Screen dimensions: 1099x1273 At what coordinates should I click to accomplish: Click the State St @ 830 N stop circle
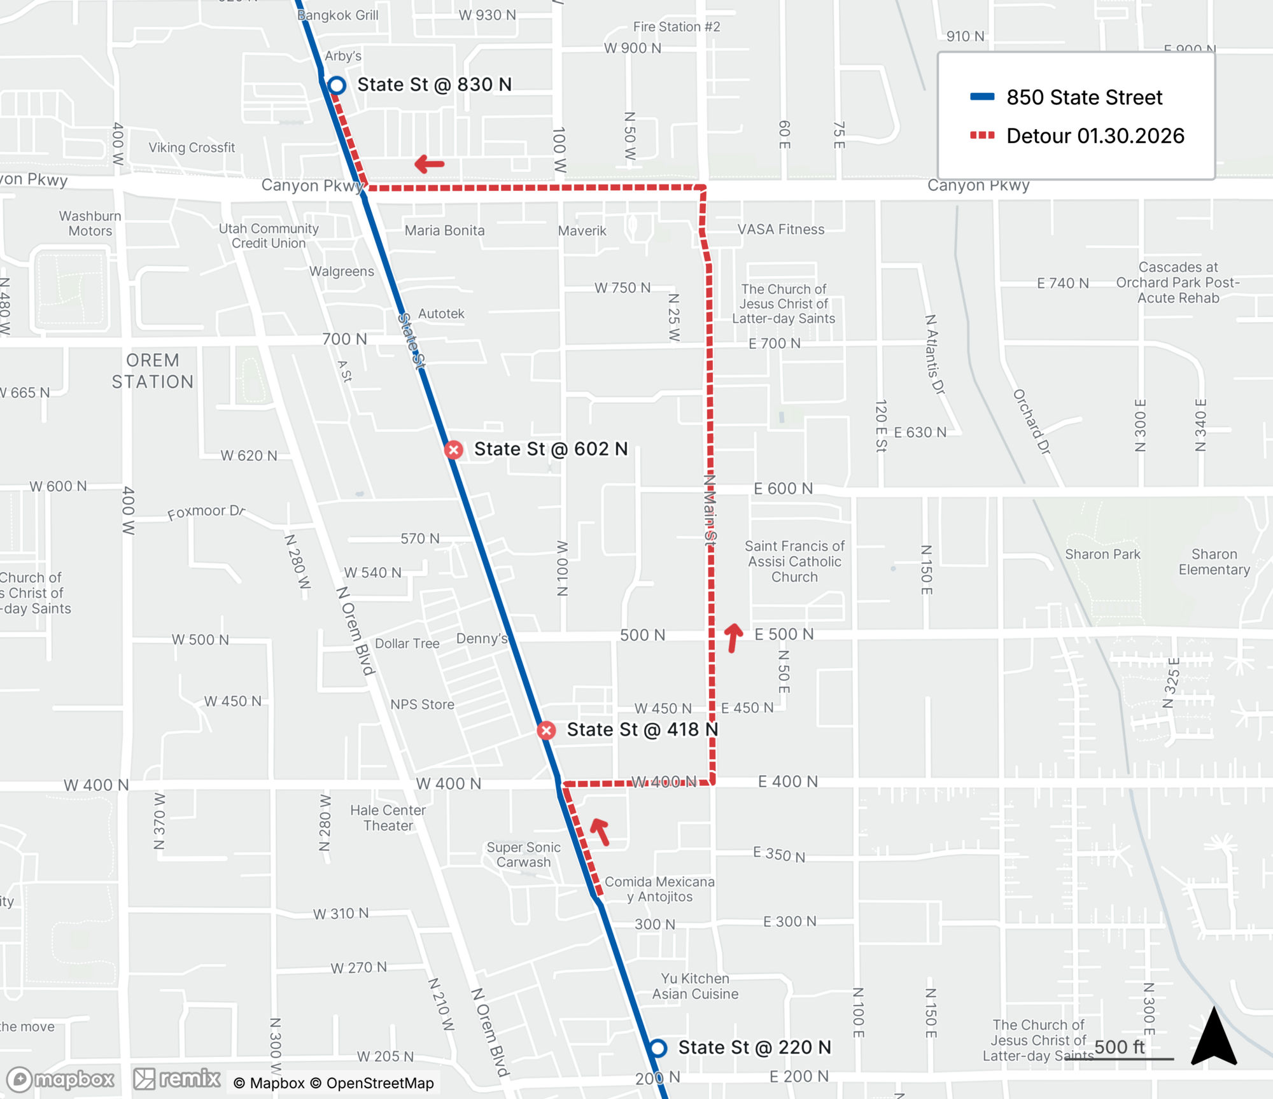(337, 85)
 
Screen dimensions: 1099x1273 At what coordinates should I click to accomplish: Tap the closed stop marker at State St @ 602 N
(454, 450)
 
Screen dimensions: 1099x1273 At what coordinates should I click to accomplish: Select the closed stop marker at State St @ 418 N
(546, 731)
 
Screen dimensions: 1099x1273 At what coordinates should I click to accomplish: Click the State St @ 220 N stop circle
(658, 1047)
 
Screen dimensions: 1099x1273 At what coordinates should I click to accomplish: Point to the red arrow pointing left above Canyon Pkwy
(430, 164)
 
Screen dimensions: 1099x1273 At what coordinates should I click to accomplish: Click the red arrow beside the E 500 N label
(733, 638)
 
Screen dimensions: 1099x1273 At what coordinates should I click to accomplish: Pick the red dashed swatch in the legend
(982, 136)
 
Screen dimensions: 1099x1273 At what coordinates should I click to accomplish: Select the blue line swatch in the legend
(982, 97)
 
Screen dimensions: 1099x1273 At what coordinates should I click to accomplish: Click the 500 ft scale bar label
(1119, 1047)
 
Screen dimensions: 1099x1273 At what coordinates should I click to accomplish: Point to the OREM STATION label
(153, 371)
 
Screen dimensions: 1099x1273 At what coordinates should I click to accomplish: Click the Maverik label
(582, 231)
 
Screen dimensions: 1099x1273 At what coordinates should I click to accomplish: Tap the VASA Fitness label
(781, 230)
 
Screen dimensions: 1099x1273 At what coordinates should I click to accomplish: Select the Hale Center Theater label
(388, 818)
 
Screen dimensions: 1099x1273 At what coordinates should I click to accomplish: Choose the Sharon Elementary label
(1214, 562)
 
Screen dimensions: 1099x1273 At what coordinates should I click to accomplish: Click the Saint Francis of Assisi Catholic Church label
(794, 561)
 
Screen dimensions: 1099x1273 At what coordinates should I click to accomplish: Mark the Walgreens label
(342, 272)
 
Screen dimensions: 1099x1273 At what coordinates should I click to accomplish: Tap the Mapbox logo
(61, 1079)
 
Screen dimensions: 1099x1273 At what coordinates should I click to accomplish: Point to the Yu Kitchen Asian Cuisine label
(695, 986)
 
